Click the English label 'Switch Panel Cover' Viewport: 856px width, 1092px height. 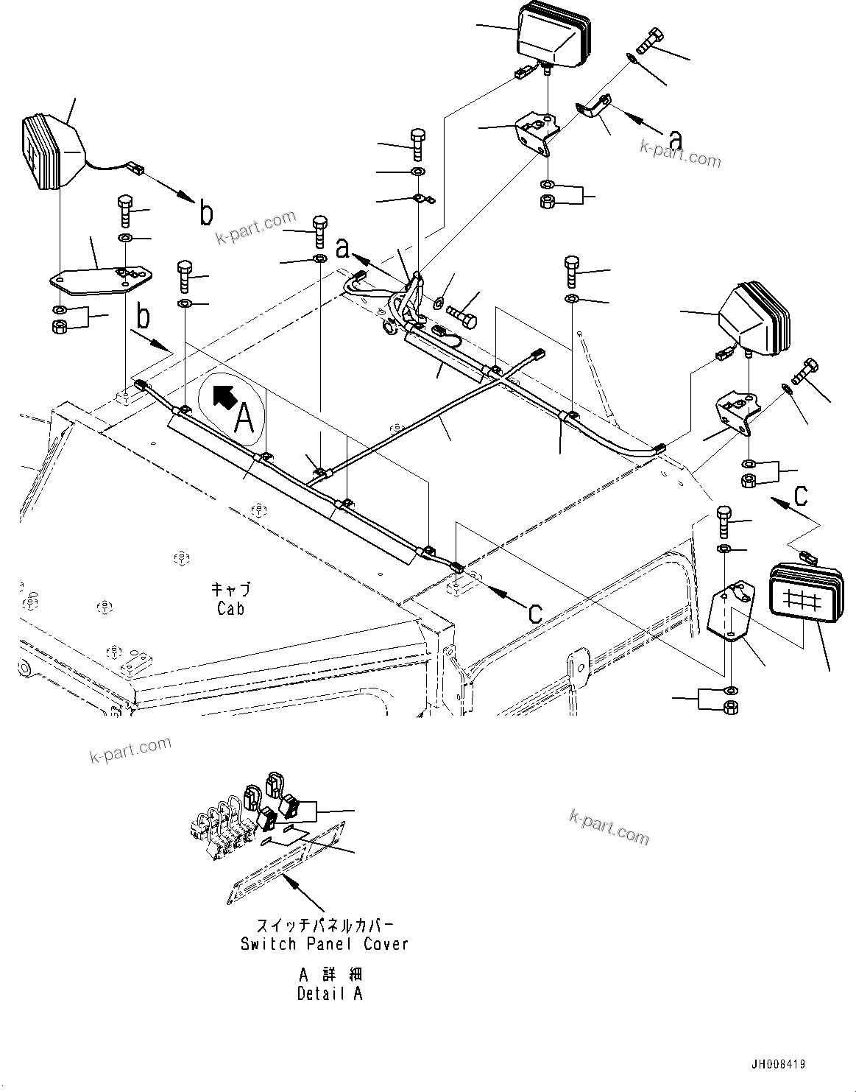point(324,943)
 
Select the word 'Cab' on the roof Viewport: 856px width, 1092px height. point(230,608)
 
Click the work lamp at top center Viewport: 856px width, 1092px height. point(553,34)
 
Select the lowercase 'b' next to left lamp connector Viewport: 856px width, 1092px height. point(207,214)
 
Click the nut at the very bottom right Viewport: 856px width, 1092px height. point(731,708)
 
